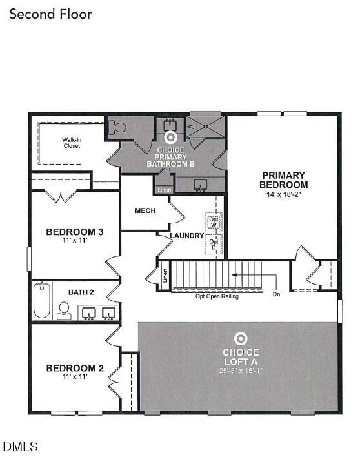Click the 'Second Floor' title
(50, 14)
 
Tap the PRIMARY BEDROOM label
(284, 179)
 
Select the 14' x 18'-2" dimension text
(284, 194)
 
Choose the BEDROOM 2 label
(75, 368)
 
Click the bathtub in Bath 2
(42, 301)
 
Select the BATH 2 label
(81, 292)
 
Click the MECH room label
(145, 210)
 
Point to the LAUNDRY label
(187, 236)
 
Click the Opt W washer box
(214, 221)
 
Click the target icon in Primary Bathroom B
(171, 137)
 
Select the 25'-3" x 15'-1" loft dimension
(241, 371)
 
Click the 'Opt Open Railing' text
(217, 296)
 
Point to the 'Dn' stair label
(277, 295)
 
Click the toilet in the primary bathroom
(119, 127)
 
